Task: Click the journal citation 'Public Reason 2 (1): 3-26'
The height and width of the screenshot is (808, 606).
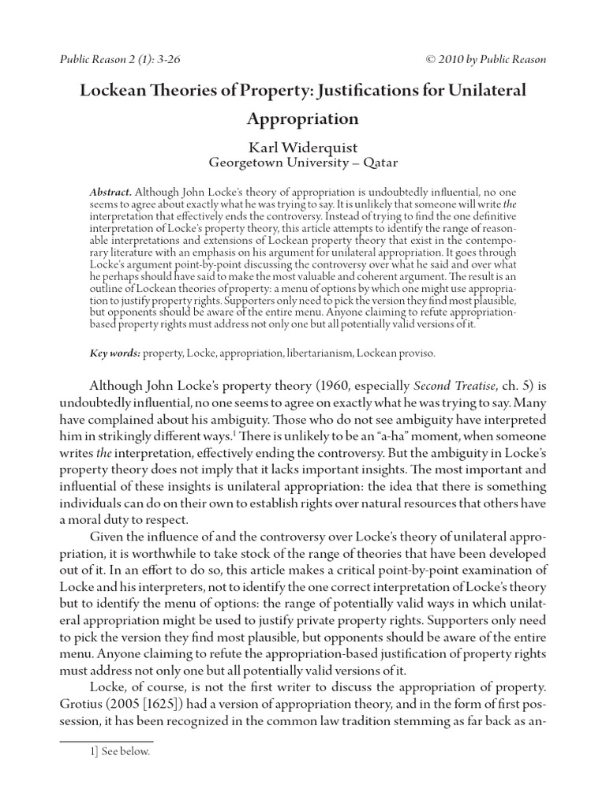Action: (119, 60)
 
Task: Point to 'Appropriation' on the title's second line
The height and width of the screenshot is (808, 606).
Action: (303, 119)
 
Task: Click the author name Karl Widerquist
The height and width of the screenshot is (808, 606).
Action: (303, 147)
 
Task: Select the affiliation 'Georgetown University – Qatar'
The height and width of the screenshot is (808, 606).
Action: (303, 163)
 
